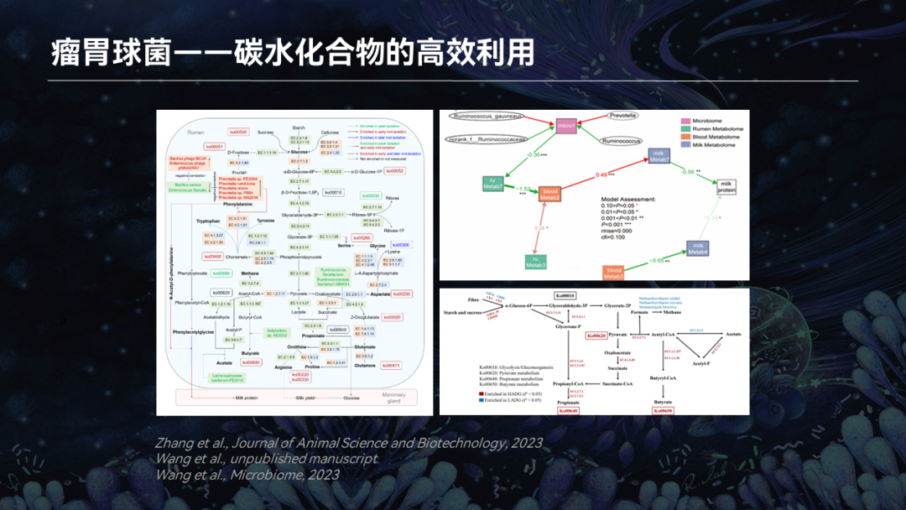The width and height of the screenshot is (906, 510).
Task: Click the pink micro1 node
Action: [566, 127]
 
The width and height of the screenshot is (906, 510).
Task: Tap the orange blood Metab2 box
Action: [550, 195]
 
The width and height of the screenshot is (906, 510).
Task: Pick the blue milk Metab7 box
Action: [659, 156]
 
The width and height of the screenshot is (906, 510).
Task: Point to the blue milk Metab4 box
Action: [699, 248]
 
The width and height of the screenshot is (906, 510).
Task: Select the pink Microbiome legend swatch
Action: [685, 122]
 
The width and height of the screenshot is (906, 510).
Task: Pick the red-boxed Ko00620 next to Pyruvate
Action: [596, 336]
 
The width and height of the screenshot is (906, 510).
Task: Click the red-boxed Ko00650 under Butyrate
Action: [663, 410]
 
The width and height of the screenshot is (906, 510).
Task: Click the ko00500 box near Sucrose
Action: [238, 133]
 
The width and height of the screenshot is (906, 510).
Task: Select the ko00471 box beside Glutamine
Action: [392, 366]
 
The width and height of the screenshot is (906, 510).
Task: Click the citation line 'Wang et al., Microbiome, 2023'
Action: [247, 475]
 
